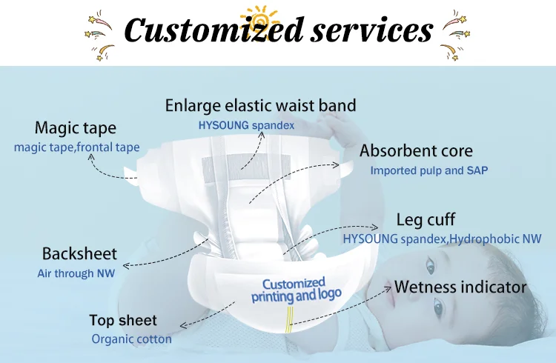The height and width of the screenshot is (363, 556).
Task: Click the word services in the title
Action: coord(368,30)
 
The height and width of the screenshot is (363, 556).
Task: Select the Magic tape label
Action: coord(76,128)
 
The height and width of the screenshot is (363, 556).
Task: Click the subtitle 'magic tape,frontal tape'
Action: coord(76,147)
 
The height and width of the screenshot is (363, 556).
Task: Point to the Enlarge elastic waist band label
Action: coord(260,105)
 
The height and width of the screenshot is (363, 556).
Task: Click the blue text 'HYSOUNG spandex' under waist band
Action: coord(246,125)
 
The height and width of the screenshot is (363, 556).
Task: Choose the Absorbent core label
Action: coord(416,151)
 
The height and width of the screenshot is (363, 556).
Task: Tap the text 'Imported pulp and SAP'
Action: coord(428,170)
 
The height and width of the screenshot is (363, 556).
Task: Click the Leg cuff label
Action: coord(426,219)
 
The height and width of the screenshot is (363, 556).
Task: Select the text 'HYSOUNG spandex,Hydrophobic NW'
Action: coord(442,239)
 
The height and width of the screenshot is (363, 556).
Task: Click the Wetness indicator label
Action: coord(460,287)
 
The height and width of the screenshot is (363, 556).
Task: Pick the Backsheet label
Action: coord(79,255)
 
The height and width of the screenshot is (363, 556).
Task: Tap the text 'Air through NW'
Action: coord(76,273)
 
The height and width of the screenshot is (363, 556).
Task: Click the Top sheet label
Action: coord(123,321)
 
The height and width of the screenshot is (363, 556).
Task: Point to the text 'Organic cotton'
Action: coord(131,339)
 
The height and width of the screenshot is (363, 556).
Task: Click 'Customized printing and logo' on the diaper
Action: coord(295,290)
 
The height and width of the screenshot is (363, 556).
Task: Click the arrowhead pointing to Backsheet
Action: coord(125,264)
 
